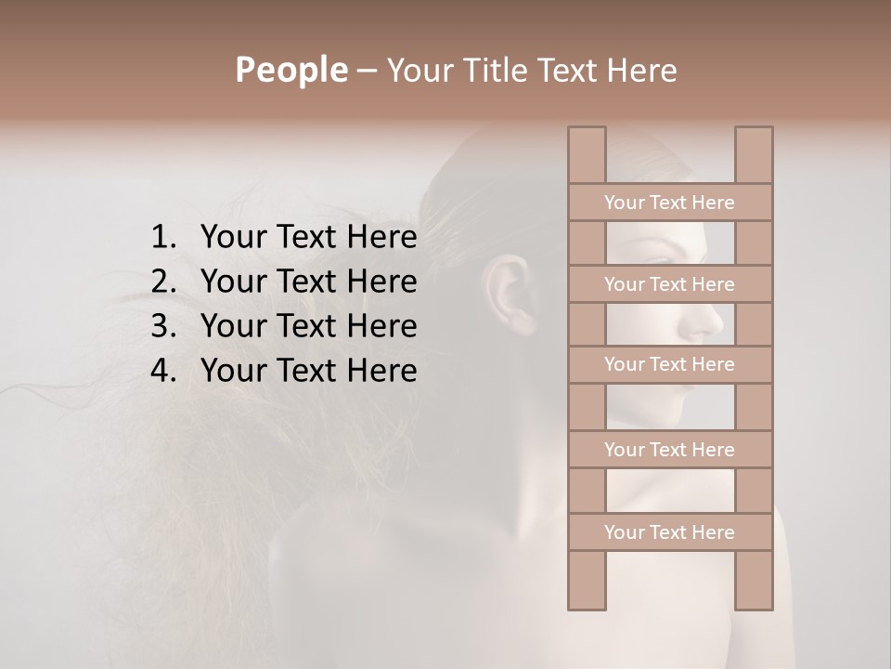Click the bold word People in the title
[291, 70]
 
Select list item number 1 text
[308, 238]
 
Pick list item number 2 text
[308, 282]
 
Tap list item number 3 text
[308, 326]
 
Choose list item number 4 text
[308, 371]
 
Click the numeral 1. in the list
[162, 238]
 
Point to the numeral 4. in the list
[162, 371]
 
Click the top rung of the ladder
[669, 203]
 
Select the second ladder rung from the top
[669, 284]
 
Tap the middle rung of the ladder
[669, 364]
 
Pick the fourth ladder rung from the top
[669, 450]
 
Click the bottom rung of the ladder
[669, 532]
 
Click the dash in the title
[366, 72]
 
